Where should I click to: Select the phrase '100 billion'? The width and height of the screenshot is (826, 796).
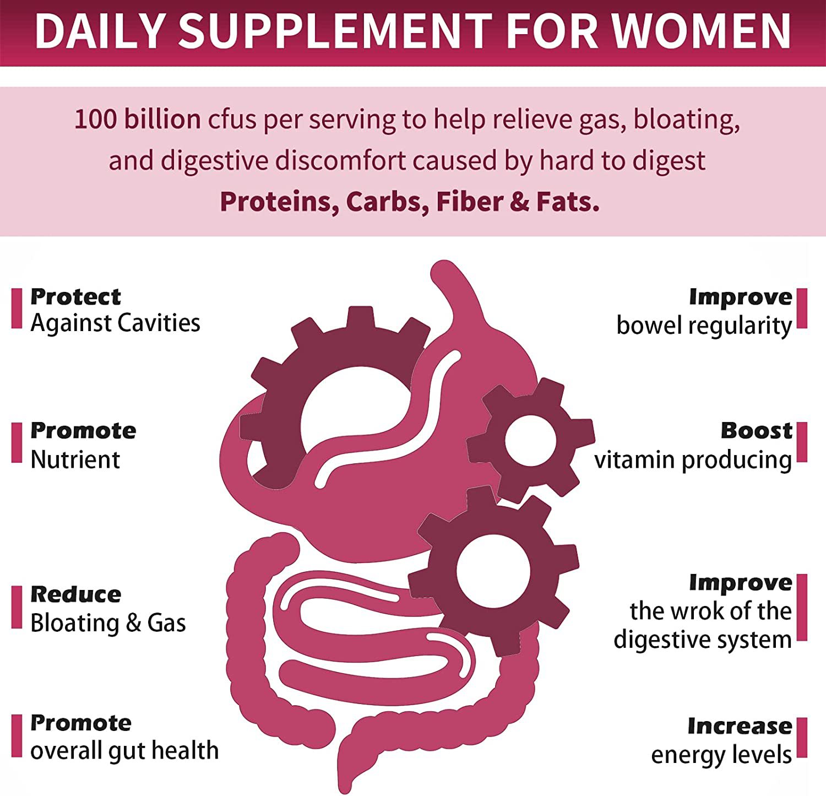pyautogui.click(x=138, y=119)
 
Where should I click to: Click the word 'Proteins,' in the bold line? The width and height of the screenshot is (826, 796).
pyautogui.click(x=279, y=202)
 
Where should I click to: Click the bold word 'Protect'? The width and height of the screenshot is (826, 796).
pyautogui.click(x=75, y=297)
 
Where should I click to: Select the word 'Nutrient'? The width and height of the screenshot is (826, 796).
pyautogui.click(x=75, y=459)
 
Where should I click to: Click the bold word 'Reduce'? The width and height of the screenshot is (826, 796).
pyautogui.click(x=76, y=594)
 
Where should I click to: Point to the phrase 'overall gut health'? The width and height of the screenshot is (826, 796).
pyautogui.click(x=124, y=751)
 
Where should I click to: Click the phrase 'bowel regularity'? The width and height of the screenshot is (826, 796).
pyautogui.click(x=704, y=326)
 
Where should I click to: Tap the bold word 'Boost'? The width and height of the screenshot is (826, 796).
pyautogui.click(x=757, y=430)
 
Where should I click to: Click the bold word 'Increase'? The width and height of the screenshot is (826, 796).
pyautogui.click(x=740, y=726)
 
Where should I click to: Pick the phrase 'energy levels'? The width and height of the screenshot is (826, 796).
pyautogui.click(x=721, y=755)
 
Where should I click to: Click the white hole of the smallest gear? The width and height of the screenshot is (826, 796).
pyautogui.click(x=531, y=440)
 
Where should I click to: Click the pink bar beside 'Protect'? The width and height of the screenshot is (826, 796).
pyautogui.click(x=17, y=308)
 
